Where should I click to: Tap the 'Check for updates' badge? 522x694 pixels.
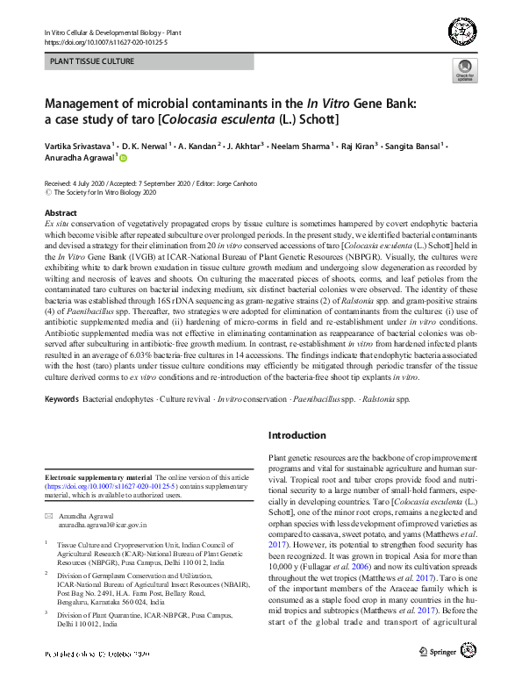tap(464, 71)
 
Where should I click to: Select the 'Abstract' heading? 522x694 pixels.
tap(61, 213)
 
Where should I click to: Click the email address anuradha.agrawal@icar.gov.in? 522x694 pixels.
tap(106, 525)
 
